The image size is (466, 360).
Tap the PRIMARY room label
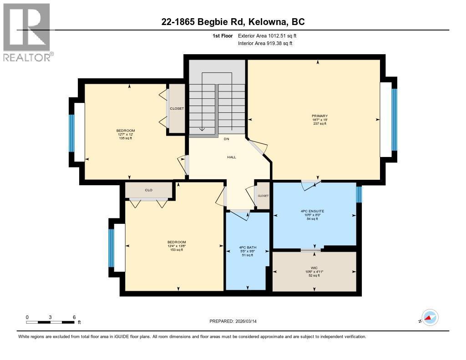319,116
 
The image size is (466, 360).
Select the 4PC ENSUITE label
312,211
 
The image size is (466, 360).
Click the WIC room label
314,268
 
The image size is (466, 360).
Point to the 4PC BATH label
248,247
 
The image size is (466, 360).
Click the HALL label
232,157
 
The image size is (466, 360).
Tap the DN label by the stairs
227,139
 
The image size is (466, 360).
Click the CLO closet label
149,190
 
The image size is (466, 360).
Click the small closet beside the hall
263,196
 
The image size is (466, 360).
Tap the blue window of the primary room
395,120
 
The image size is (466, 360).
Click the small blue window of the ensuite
359,194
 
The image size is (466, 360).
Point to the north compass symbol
430,318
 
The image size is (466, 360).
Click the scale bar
50,322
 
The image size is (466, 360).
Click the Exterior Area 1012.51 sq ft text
267,35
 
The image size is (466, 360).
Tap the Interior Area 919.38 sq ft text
265,43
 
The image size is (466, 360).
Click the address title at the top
233,22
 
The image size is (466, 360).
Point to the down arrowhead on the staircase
202,129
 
